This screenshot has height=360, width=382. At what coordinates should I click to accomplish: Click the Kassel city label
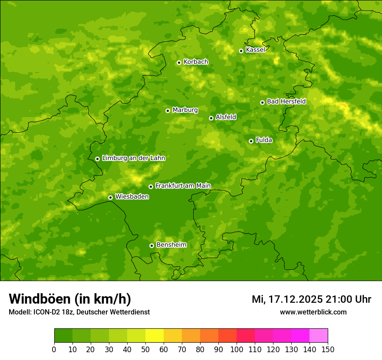pos(255,50)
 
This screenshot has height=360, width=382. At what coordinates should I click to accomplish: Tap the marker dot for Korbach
pos(179,62)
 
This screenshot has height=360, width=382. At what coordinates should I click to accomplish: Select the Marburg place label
pos(185,110)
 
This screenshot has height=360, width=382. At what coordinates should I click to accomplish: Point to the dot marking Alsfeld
pos(211,118)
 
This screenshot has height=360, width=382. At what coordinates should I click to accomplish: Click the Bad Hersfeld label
pos(286,101)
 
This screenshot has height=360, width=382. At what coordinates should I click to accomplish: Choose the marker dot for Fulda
pos(251,141)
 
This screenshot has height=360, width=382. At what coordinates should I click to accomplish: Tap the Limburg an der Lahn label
pos(133,158)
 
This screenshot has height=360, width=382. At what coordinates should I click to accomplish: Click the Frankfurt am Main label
pos(183,186)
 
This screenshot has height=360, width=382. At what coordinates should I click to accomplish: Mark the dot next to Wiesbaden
pos(110,197)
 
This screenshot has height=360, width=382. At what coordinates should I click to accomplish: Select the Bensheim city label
pos(171,245)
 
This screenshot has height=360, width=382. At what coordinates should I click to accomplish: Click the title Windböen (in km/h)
pos(70,299)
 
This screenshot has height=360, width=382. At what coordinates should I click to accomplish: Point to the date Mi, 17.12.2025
pos(286,299)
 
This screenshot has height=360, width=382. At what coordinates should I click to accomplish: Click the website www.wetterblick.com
pos(313,312)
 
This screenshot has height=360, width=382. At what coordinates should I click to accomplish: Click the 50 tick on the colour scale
pos(145,349)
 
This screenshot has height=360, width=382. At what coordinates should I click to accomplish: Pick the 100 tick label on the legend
pos(237,349)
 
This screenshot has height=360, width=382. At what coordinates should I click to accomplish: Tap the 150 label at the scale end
pos(328,349)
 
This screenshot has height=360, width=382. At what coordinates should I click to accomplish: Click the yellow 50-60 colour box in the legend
pos(155,336)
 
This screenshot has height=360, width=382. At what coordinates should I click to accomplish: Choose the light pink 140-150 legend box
pos(319,336)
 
